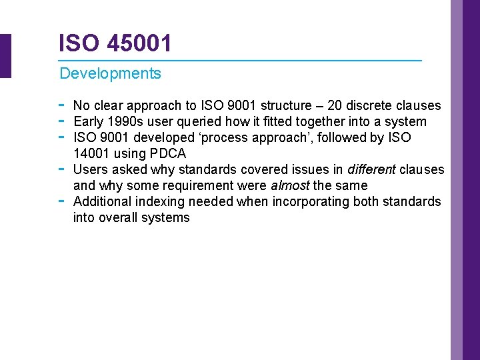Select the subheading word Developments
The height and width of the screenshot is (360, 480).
[x=110, y=73]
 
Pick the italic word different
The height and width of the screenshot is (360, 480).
[x=371, y=169]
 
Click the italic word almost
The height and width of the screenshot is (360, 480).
[x=289, y=185]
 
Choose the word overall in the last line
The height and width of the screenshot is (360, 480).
[x=120, y=217]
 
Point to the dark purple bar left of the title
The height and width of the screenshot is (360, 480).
[x=5, y=56]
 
